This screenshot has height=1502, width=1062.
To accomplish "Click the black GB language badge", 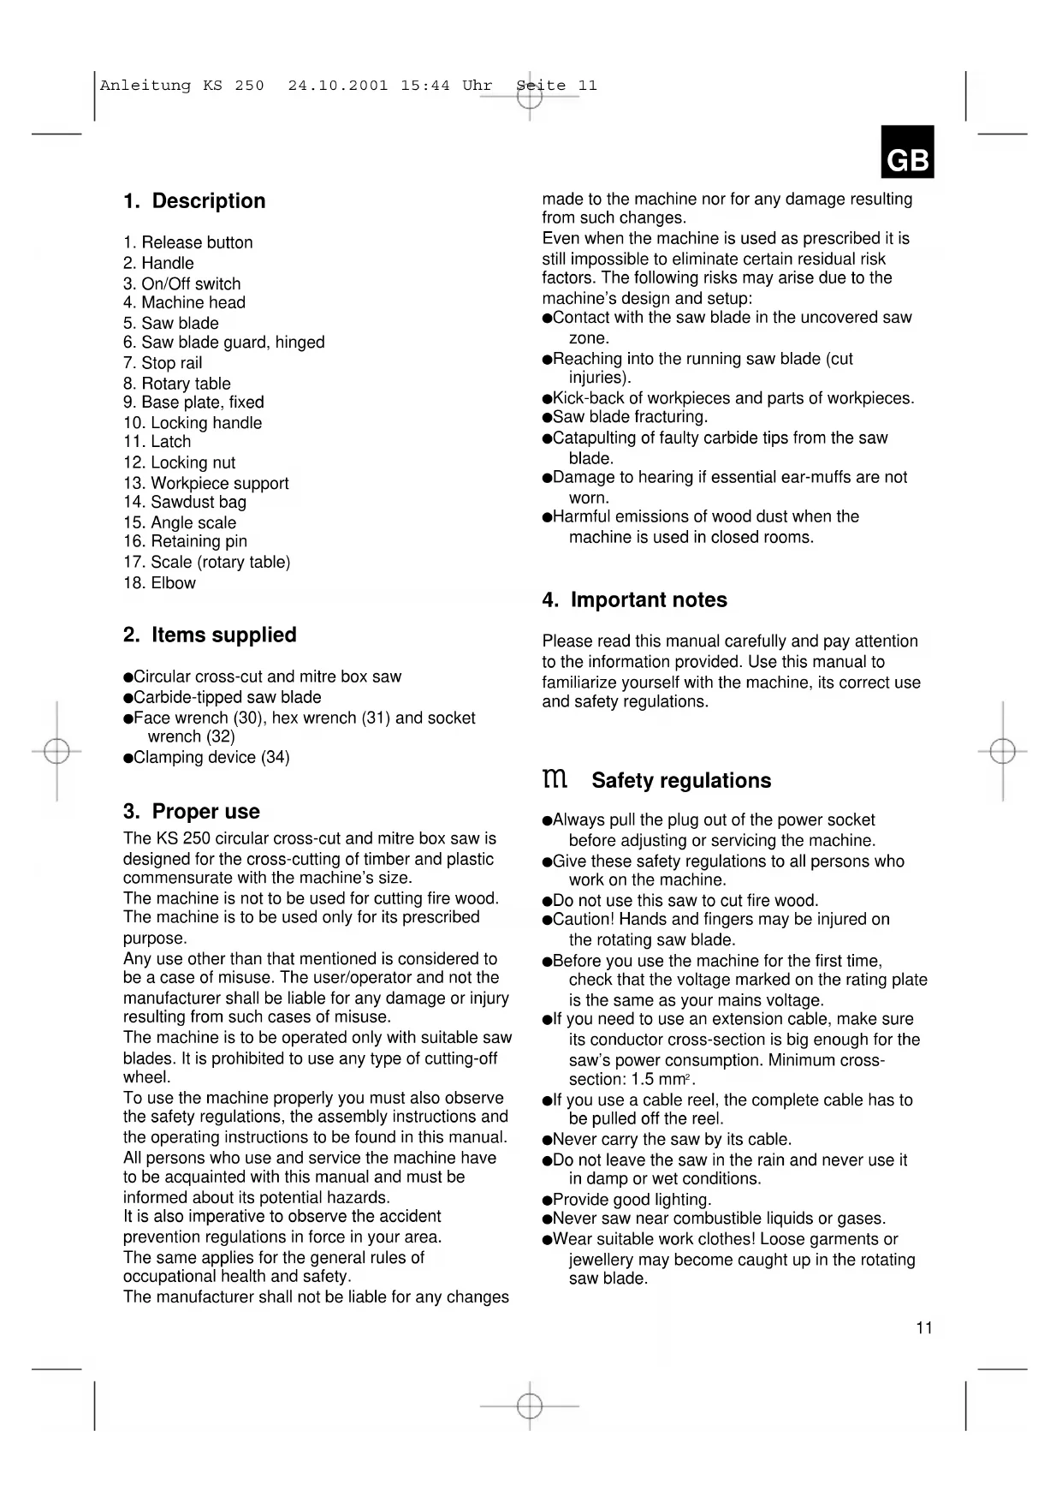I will pyautogui.click(x=907, y=152).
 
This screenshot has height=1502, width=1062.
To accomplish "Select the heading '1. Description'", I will pyautogui.click(x=194, y=201).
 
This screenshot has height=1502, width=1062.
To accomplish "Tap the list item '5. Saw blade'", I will pyautogui.click(x=171, y=323).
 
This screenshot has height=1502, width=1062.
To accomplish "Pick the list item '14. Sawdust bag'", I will pyautogui.click(x=185, y=503).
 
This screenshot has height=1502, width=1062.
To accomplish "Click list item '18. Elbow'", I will pyautogui.click(x=160, y=583).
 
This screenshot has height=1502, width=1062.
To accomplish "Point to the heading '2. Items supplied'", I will pyautogui.click(x=210, y=635).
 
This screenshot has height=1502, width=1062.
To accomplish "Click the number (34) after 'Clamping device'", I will pyautogui.click(x=276, y=758).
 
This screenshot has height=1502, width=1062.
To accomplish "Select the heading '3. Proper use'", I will pyautogui.click(x=192, y=812).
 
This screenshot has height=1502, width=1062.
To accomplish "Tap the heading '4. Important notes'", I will pyautogui.click(x=634, y=600).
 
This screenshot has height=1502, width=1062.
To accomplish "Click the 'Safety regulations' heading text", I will pyautogui.click(x=681, y=781).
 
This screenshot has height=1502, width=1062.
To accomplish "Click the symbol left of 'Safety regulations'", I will pyautogui.click(x=555, y=779).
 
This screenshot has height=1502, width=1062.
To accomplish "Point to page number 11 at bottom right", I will pyautogui.click(x=924, y=1328).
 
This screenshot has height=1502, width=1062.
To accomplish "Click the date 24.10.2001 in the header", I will pyautogui.click(x=338, y=86).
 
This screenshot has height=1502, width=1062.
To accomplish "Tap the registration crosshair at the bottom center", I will pyautogui.click(x=530, y=1405).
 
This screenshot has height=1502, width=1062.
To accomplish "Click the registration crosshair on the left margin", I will pyautogui.click(x=56, y=751).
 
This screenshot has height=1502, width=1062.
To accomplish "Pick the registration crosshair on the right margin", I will pyautogui.click(x=1002, y=751).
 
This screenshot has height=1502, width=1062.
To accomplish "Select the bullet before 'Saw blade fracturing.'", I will pyautogui.click(x=547, y=418).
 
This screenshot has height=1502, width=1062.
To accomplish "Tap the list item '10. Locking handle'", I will pyautogui.click(x=193, y=423).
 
